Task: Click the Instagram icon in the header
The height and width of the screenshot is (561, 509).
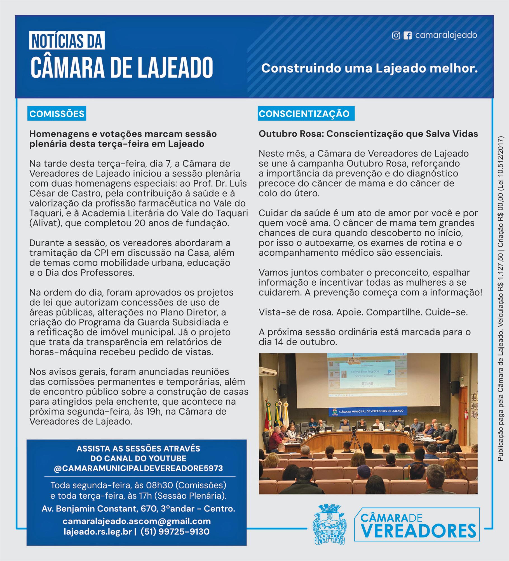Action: click(x=396, y=35)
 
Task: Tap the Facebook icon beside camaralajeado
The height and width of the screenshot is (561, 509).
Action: click(x=407, y=35)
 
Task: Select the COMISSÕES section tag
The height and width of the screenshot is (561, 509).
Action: click(x=57, y=114)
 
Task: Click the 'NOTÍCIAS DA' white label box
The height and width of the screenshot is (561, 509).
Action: click(x=67, y=41)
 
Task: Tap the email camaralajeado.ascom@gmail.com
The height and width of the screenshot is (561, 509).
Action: click(x=137, y=521)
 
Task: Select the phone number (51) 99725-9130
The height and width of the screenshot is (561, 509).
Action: click(x=175, y=531)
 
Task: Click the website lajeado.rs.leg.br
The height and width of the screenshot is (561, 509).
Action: click(x=98, y=531)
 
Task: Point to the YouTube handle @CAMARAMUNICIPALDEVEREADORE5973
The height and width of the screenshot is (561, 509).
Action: click(x=138, y=468)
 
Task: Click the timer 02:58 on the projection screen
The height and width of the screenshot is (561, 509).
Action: click(x=367, y=384)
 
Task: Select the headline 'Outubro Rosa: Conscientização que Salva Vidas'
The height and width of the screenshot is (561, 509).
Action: click(x=368, y=134)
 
